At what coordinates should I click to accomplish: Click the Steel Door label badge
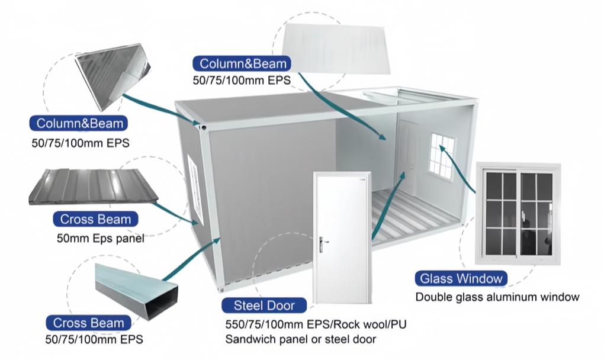(265, 306)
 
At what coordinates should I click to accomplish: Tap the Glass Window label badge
(461, 278)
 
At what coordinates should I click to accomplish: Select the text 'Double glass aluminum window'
(497, 297)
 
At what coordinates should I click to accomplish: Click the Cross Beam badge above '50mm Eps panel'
(95, 219)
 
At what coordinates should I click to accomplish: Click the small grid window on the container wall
(442, 154)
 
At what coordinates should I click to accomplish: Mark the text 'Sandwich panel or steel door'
(300, 339)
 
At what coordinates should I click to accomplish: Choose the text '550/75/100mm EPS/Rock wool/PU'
(316, 324)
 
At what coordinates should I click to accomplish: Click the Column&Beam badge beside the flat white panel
(243, 64)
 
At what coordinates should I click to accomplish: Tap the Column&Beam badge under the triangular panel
(80, 123)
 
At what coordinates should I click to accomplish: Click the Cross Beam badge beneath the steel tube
(89, 323)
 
